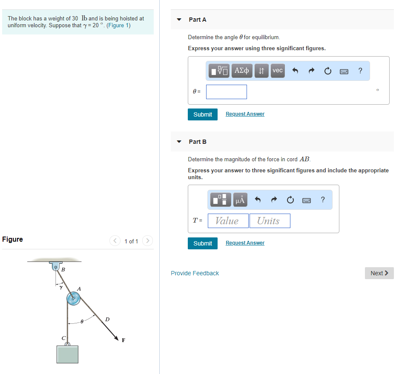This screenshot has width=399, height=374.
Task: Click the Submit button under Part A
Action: tap(203, 114)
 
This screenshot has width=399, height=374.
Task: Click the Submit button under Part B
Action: tap(203, 243)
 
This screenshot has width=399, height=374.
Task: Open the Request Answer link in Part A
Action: tap(245, 114)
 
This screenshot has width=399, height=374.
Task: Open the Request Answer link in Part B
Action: tap(245, 243)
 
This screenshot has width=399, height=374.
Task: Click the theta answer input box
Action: tap(227, 92)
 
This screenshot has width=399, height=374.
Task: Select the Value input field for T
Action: tap(228, 221)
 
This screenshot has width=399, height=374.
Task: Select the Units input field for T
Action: tap(270, 221)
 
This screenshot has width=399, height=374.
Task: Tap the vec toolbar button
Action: tap(278, 71)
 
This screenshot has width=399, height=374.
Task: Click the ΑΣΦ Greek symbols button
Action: tap(242, 71)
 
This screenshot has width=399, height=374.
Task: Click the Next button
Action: tap(379, 273)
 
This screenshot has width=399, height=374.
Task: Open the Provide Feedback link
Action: tap(195, 273)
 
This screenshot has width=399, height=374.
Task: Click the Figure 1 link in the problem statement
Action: tap(118, 26)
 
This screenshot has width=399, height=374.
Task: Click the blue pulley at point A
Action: tap(73, 299)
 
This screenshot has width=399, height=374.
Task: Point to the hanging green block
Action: tap(67, 354)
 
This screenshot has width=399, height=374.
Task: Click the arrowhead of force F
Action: tap(117, 338)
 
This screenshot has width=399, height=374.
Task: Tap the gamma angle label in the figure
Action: tap(61, 287)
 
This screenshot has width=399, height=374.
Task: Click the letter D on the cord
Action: tap(107, 320)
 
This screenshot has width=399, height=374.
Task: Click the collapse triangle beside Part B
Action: tap(179, 142)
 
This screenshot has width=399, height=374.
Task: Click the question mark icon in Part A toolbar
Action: tap(360, 71)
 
